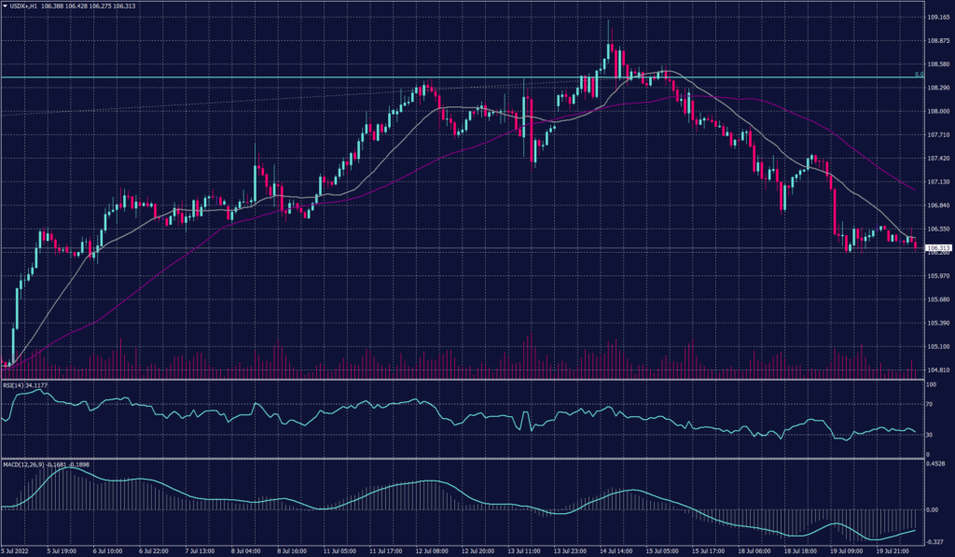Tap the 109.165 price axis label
click(938, 17)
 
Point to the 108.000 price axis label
click(938, 111)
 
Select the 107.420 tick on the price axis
click(938, 159)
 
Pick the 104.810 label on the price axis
click(938, 370)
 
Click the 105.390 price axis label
click(938, 323)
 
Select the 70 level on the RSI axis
click(930, 406)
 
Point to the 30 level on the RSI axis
click(930, 435)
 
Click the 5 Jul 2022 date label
click(16, 551)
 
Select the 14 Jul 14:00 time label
click(616, 551)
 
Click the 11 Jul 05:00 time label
click(339, 551)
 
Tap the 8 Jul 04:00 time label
click(246, 551)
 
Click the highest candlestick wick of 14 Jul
click(609, 20)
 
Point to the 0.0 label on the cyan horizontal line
click(919, 74)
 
